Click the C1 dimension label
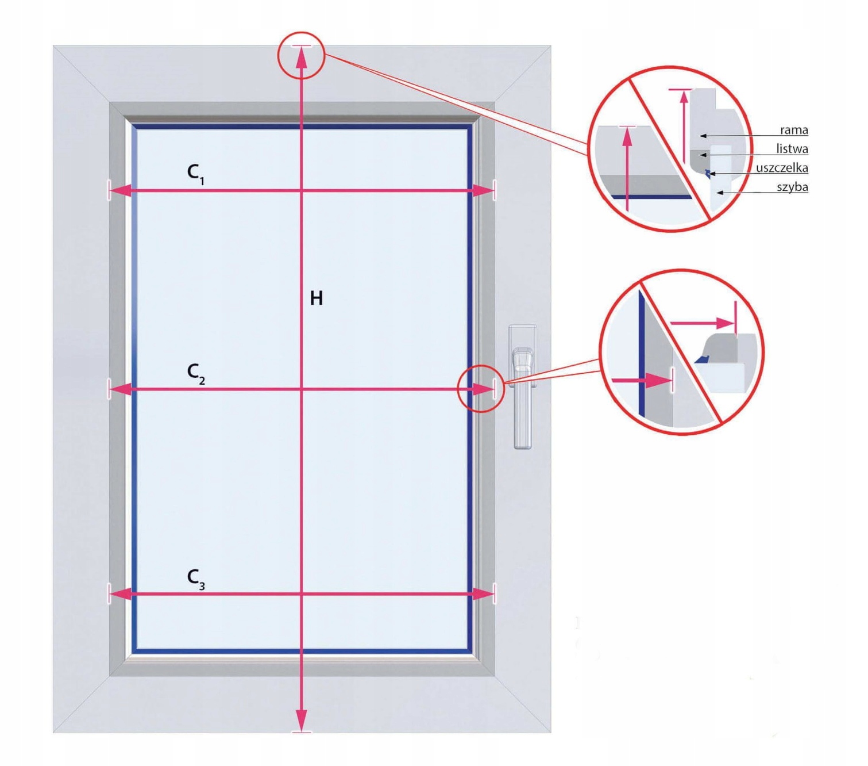pos(195,173)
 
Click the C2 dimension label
pos(195,373)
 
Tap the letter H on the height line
pos(316,298)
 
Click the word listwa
pos(792,149)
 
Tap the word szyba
pos(792,187)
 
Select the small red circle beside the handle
pos(480,389)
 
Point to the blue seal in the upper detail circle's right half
pos(708,172)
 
